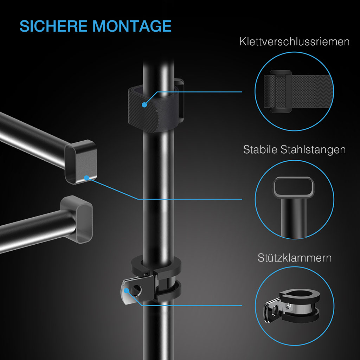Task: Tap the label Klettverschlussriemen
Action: pyautogui.click(x=294, y=42)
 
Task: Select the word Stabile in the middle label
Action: pyautogui.click(x=261, y=149)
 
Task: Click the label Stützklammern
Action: pyautogui.click(x=294, y=258)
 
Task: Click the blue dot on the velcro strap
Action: pyautogui.click(x=144, y=104)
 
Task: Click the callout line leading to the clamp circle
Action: pyautogui.click(x=197, y=306)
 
